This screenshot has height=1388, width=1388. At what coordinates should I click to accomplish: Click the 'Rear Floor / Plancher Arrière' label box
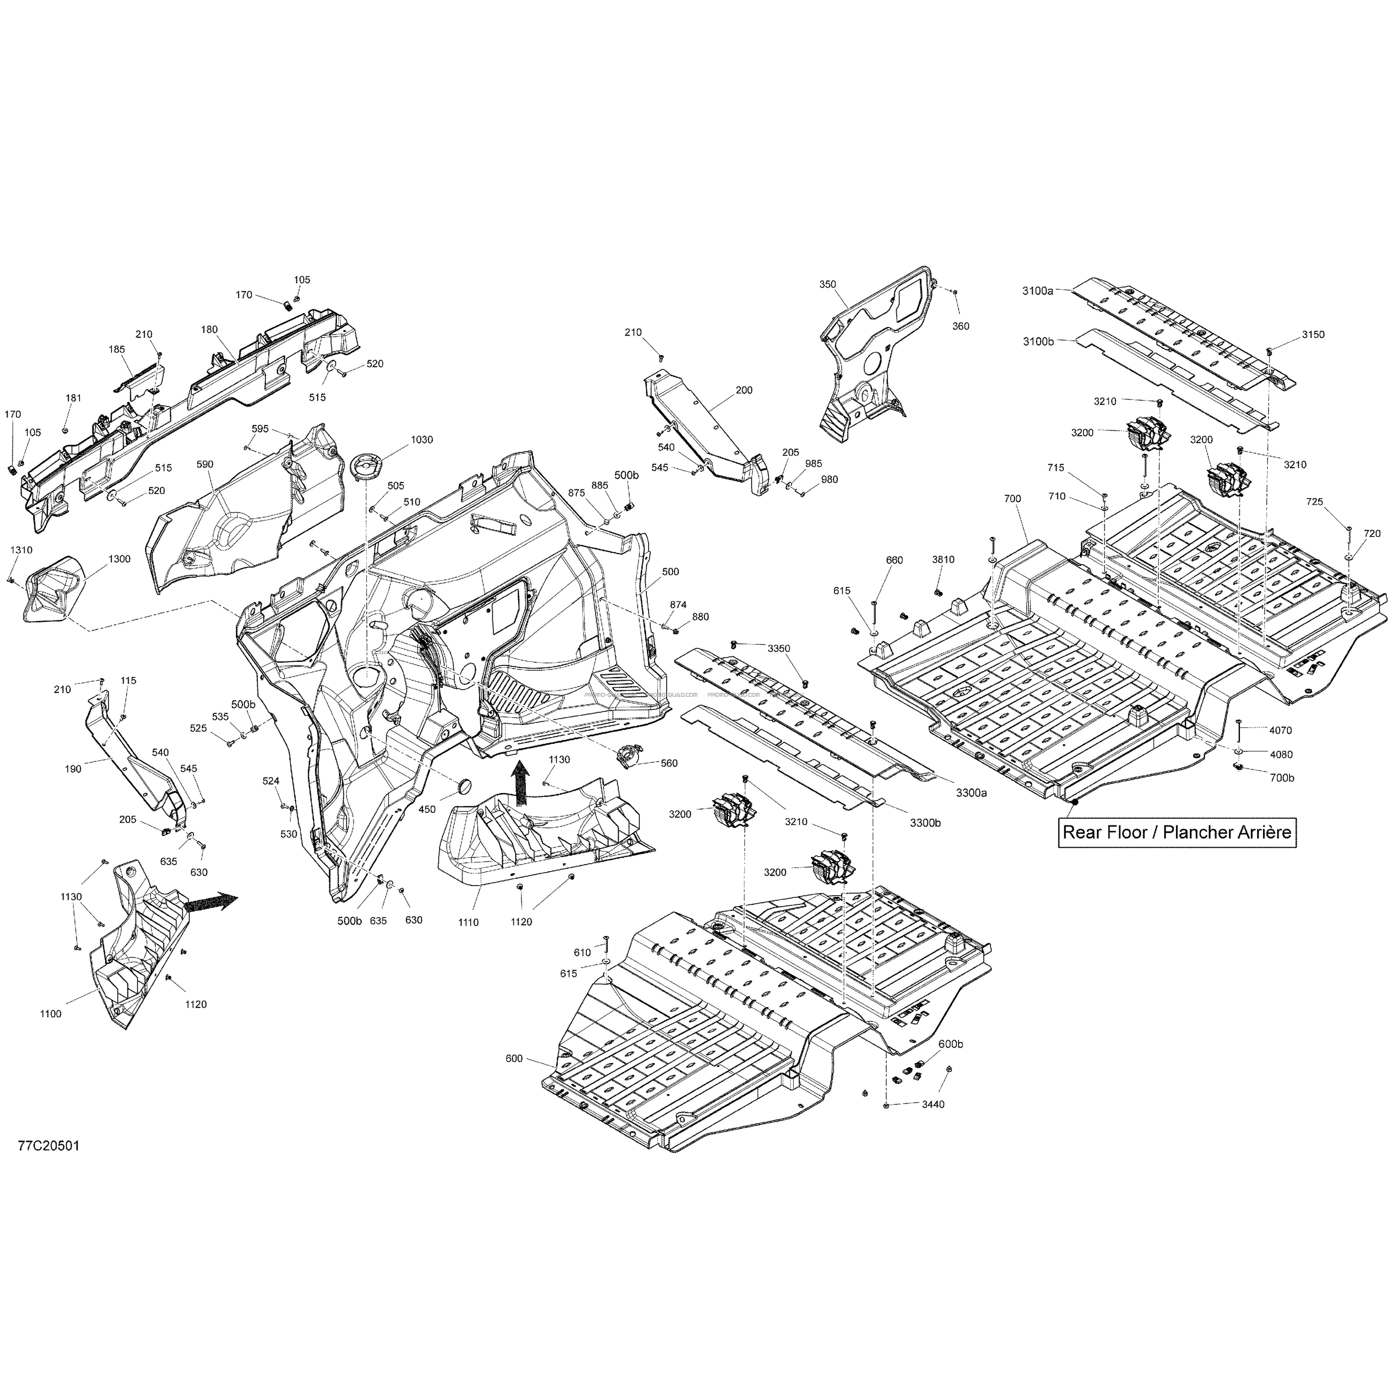click(1177, 833)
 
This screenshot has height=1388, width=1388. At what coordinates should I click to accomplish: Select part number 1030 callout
click(422, 440)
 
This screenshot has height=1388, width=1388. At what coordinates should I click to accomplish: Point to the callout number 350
click(828, 285)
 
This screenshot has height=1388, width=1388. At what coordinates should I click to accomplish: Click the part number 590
click(205, 465)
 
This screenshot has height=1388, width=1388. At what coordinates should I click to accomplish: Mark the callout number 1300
click(119, 559)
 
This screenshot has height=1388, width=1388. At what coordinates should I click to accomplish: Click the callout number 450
click(427, 810)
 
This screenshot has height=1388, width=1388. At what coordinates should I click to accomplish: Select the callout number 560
click(669, 764)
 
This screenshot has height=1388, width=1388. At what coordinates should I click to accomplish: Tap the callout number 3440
click(934, 1104)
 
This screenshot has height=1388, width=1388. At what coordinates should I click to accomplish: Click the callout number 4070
click(1280, 731)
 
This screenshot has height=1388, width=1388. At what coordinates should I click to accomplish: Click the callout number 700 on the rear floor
click(1012, 499)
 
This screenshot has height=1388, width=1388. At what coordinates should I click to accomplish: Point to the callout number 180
click(209, 330)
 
